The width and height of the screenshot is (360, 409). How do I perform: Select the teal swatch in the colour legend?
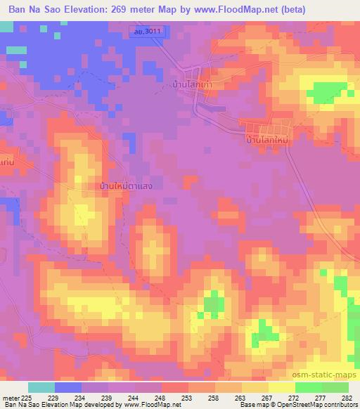(x=41, y=387)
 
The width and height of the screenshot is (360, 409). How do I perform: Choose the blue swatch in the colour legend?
(x=68, y=387)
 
